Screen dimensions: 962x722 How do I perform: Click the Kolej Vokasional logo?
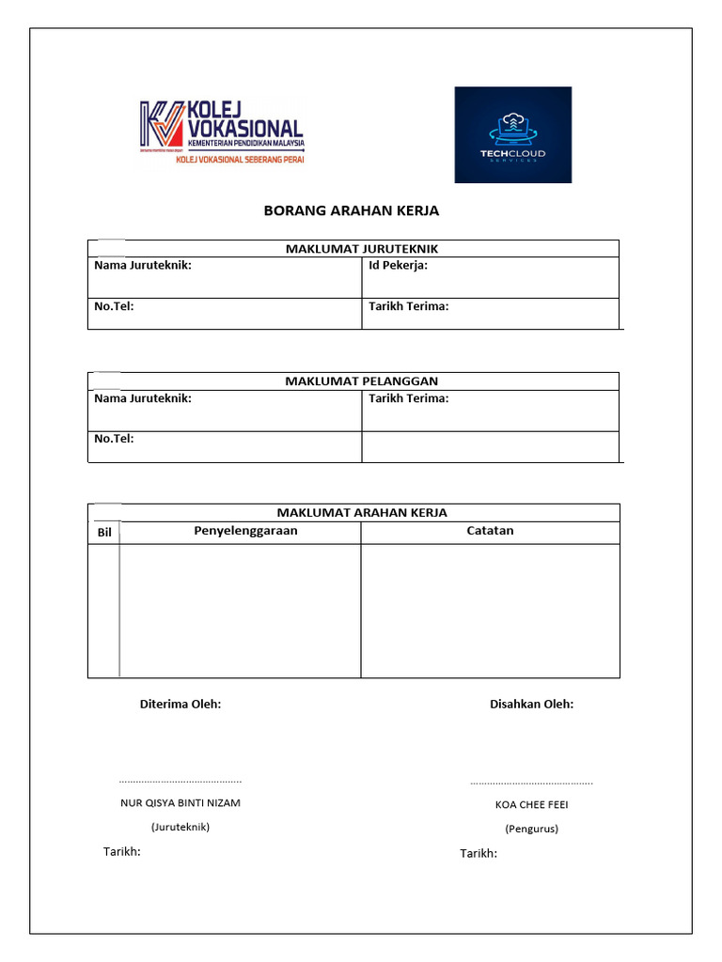point(223,132)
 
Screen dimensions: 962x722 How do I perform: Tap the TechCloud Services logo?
point(512,134)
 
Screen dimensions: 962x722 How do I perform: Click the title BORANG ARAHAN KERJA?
point(352,210)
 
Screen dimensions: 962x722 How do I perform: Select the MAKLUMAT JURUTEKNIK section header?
point(362,249)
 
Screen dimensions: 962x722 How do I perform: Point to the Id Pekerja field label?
point(399,266)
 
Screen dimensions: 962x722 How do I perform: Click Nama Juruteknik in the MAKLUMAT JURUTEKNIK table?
point(143,266)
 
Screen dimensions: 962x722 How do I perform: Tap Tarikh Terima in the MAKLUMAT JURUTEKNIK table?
point(409,306)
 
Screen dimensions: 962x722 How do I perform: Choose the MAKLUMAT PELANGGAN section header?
point(362,381)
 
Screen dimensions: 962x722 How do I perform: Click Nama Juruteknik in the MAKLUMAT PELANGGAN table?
point(143,398)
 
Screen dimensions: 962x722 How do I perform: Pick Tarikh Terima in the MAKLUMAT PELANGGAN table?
point(409,398)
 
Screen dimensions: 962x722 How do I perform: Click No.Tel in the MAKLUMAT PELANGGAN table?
point(114,439)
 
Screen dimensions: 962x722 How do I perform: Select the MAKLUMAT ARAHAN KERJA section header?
point(362,513)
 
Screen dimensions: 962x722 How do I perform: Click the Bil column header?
point(104,533)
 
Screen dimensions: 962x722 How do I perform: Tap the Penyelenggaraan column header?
point(245,531)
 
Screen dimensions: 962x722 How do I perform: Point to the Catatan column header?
point(490,531)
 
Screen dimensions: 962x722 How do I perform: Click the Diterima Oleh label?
point(180,704)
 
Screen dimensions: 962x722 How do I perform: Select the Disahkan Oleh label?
point(531,704)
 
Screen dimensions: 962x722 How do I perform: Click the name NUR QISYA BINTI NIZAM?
point(180,803)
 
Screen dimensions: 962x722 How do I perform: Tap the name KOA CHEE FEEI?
point(531,805)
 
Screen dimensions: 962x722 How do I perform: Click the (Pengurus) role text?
point(531,829)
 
